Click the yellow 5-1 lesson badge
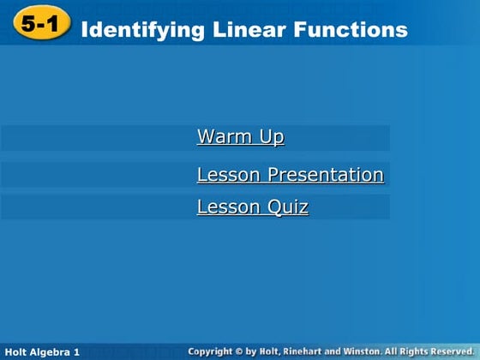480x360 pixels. [41, 27]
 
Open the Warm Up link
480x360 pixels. [240, 137]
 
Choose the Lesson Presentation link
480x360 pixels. [290, 175]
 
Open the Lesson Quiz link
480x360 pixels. [252, 207]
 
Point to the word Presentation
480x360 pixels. [326, 175]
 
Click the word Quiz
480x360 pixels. [287, 207]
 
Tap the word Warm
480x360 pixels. [223, 137]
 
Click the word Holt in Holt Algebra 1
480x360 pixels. [16, 352]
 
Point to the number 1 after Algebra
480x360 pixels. [77, 352]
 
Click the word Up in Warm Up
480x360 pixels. [273, 137]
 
